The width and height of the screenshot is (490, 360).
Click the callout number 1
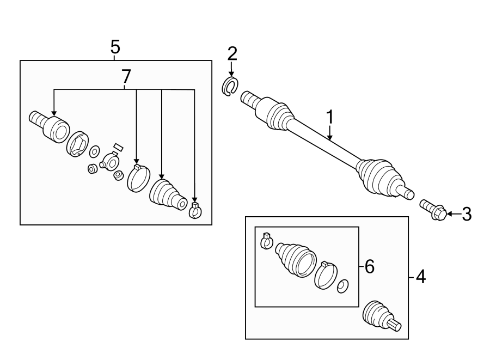[x=329, y=117]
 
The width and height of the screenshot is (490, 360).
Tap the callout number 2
[x=232, y=53]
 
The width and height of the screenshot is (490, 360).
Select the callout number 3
[x=467, y=214]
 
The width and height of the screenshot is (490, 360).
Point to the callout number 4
[x=420, y=277]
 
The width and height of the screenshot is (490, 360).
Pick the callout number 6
[x=370, y=266]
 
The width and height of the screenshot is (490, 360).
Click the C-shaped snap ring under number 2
[x=231, y=87]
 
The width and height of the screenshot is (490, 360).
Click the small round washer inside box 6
[x=343, y=286]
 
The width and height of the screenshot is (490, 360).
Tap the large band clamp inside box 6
[x=326, y=274]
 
